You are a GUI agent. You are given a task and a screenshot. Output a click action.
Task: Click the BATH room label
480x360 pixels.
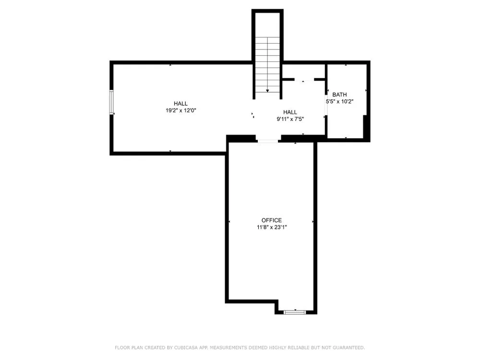pos(339,95)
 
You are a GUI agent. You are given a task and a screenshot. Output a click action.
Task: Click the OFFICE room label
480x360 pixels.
pos(272,220)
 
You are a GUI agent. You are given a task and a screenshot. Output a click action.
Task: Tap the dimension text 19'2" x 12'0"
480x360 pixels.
pos(180,110)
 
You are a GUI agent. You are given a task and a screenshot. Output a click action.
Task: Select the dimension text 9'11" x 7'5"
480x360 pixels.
pos(290,119)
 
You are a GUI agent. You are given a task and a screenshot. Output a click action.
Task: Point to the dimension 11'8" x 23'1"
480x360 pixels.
pos(272,227)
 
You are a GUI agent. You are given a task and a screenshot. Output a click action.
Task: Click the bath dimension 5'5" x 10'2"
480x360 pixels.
pos(339,102)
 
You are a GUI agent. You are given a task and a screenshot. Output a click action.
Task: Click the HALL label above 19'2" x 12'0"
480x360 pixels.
pos(180,104)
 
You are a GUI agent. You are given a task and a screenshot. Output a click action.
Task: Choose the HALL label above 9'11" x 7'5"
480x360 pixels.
pos(290,112)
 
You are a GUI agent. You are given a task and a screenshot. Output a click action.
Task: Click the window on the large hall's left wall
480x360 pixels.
pos(111,102)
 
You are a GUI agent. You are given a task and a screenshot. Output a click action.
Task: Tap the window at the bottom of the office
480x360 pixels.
pos(295,312)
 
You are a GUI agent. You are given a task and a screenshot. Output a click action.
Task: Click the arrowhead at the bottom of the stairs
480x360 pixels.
pos(267,91)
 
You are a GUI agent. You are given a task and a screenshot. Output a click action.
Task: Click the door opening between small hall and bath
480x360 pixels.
pos(326,103)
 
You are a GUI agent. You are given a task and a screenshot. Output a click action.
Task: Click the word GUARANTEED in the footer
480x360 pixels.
pos(348,348)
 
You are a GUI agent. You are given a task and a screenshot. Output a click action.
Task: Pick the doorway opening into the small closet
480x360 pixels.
pos(304,80)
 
